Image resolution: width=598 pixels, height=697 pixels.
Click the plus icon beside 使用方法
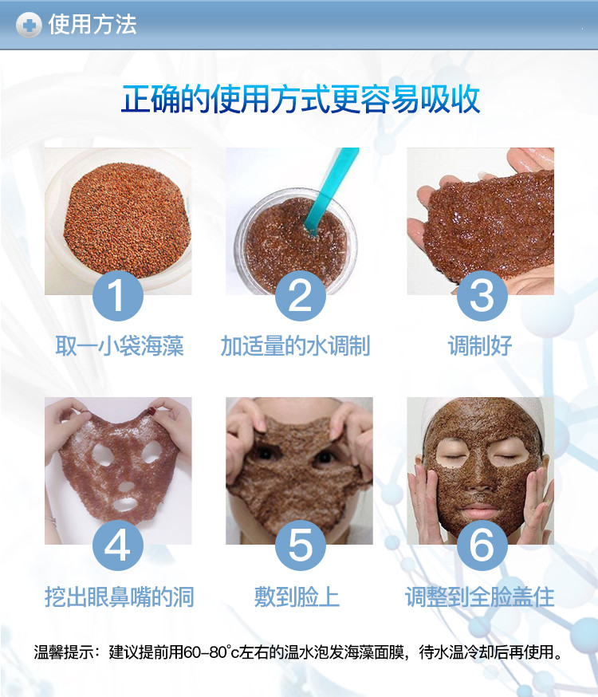(x=29, y=25)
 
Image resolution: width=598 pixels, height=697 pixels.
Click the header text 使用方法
(x=92, y=25)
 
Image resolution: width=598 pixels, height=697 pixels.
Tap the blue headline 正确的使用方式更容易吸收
(x=301, y=99)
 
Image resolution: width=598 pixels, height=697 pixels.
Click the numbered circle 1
(x=118, y=296)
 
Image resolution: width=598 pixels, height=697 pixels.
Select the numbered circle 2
(x=301, y=296)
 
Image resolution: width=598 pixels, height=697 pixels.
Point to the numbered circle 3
(x=482, y=296)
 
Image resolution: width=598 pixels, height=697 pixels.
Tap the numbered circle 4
(x=118, y=545)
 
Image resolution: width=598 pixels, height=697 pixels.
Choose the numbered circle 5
(x=301, y=545)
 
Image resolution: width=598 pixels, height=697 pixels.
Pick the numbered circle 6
(x=482, y=545)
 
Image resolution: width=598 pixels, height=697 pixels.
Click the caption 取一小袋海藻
(x=120, y=346)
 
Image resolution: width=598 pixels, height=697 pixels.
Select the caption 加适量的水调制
(x=296, y=346)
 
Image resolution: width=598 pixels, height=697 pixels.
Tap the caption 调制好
(x=480, y=346)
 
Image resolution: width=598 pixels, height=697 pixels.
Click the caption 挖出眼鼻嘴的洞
(x=120, y=597)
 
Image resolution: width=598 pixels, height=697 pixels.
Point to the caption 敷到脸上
(x=297, y=597)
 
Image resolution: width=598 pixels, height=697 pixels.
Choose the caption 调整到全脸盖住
(x=480, y=597)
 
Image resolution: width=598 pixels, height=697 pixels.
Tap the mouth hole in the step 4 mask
(x=124, y=504)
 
